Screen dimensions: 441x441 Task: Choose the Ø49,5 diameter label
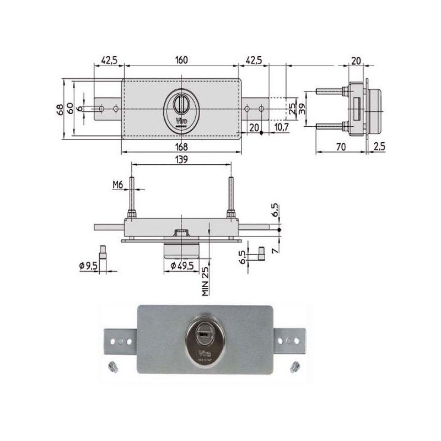click(181, 266)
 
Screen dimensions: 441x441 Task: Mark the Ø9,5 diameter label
click(89, 266)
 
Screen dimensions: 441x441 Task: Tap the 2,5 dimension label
click(379, 147)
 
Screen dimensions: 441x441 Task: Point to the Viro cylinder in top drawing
click(180, 109)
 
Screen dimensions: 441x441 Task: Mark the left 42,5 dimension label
click(108, 60)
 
